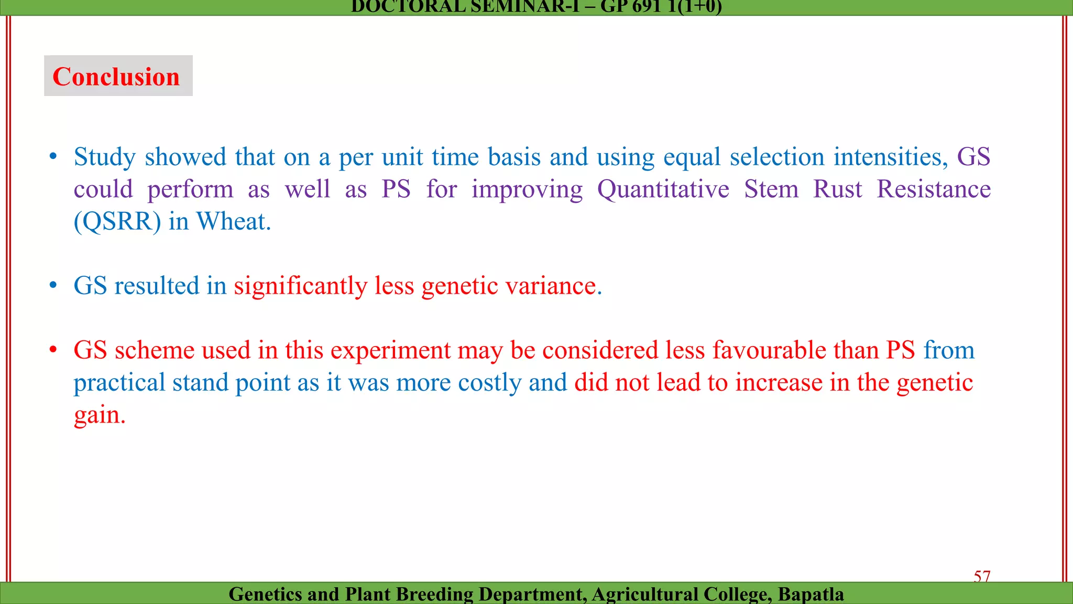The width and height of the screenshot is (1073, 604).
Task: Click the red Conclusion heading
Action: [116, 77]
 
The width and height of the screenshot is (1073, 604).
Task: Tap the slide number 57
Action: [982, 576]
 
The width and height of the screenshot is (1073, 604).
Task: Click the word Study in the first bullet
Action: [105, 157]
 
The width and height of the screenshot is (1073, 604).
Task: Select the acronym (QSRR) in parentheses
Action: [117, 222]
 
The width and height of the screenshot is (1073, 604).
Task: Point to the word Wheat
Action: [233, 222]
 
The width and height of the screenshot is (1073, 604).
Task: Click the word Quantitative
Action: [663, 189]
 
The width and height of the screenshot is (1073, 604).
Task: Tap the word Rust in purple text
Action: [837, 189]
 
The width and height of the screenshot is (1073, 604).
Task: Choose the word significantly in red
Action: [301, 286]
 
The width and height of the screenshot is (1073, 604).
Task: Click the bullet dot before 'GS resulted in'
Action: [53, 286]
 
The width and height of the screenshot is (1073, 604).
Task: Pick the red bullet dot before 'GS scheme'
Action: [53, 350]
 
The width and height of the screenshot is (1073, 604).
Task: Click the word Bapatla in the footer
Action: [811, 594]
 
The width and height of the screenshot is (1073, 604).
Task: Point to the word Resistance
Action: [934, 189]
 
